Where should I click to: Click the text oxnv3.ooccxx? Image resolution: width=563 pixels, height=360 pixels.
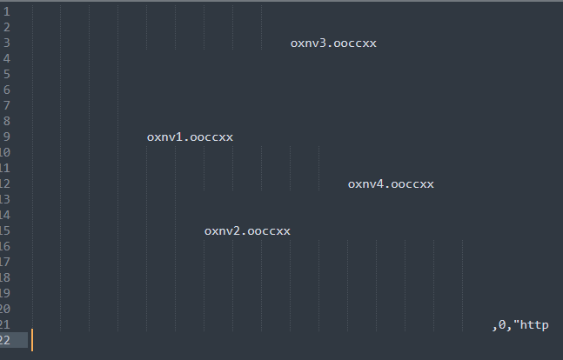333,43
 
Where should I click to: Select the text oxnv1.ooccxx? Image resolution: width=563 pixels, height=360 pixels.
190,137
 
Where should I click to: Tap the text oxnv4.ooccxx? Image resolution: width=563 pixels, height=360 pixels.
391,184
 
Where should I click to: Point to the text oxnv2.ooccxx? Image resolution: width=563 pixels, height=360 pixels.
247,231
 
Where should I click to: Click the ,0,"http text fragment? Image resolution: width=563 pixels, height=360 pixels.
520,325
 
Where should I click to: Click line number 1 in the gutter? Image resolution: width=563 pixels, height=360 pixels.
6,12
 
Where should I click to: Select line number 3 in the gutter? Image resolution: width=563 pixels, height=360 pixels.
6,43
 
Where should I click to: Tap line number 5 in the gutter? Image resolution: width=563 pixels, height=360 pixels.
6,75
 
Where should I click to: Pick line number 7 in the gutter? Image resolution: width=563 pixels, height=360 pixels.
6,106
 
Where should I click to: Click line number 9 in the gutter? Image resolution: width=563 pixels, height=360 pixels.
6,137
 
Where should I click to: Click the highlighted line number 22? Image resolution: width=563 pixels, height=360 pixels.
5,341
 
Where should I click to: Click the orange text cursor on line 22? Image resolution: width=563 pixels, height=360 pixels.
32,341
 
